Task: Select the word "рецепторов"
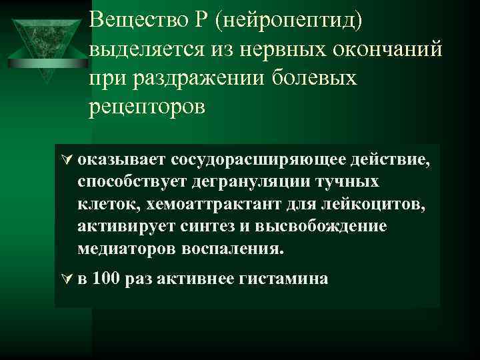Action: [x=147, y=107]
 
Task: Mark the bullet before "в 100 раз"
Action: [x=66, y=279]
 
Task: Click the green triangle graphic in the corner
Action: [x=45, y=41]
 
